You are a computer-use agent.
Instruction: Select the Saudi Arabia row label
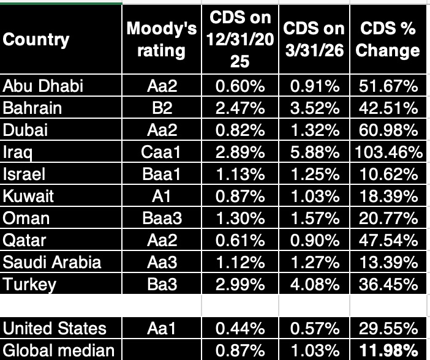43,263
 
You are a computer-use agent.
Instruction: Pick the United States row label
46,328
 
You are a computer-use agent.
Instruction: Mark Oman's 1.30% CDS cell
240,219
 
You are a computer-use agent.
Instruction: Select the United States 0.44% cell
240,328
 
